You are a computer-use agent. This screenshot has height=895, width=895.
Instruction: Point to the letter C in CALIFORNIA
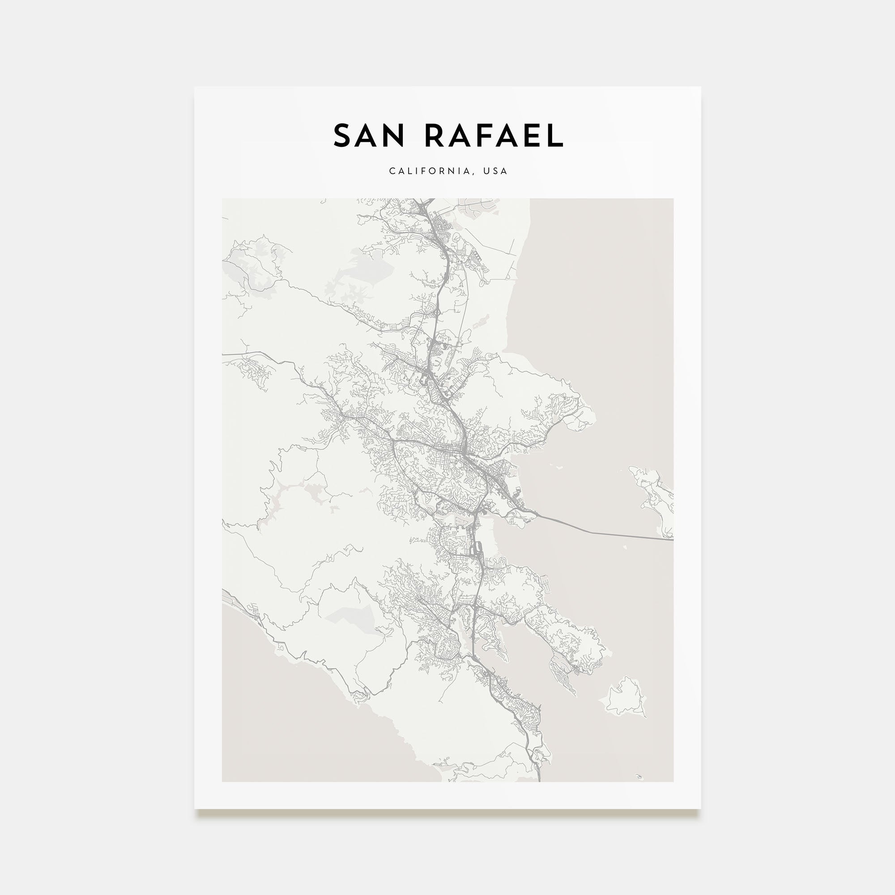[x=392, y=171]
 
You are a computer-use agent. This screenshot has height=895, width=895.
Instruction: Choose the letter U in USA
[x=486, y=171]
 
